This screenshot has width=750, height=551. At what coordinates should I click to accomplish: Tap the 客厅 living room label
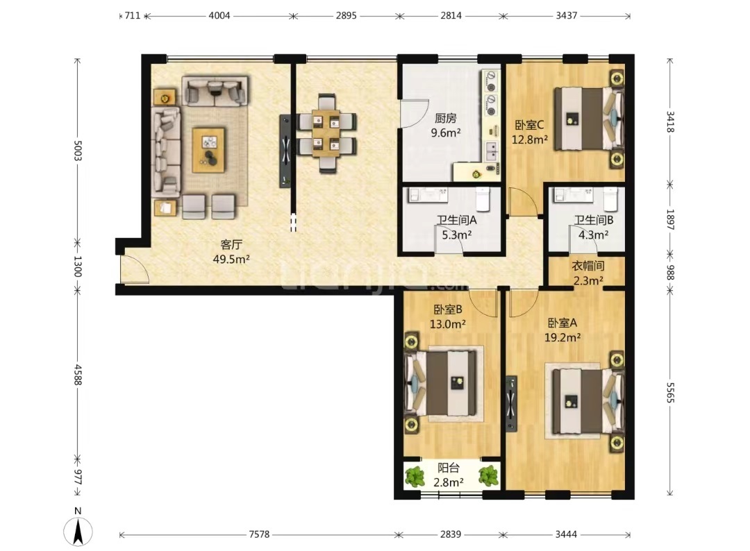[x=231, y=245]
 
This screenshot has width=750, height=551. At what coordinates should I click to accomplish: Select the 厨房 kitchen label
[x=445, y=117]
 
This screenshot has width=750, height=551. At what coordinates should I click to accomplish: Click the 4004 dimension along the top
[x=219, y=15]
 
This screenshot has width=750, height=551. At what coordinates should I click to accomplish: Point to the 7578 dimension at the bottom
[x=259, y=534]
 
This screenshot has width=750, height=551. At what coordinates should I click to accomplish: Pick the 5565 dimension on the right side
[x=670, y=393]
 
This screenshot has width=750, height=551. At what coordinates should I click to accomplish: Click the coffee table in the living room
[x=208, y=150]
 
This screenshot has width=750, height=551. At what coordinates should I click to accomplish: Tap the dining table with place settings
[x=326, y=133]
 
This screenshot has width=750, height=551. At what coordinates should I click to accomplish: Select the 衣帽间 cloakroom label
[x=588, y=266]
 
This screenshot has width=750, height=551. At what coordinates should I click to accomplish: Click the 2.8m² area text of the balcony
[x=448, y=482]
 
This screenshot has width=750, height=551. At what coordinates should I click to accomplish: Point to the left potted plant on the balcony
[x=414, y=477]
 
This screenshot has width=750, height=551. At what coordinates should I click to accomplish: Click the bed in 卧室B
[x=441, y=383]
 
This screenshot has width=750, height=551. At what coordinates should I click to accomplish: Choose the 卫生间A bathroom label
[x=456, y=220]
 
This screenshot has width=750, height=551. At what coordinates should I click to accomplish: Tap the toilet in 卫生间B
[x=610, y=198]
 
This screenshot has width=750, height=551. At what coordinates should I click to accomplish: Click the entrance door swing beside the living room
[x=135, y=269]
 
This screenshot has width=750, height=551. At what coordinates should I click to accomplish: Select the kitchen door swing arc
[x=415, y=113]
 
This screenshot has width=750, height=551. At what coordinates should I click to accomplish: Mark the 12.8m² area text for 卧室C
[x=529, y=139]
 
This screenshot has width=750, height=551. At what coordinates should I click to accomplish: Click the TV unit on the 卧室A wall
[x=511, y=403]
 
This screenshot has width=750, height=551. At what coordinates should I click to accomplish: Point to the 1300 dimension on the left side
[x=78, y=266]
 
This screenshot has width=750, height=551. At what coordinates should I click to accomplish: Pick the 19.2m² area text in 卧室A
[x=562, y=337]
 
